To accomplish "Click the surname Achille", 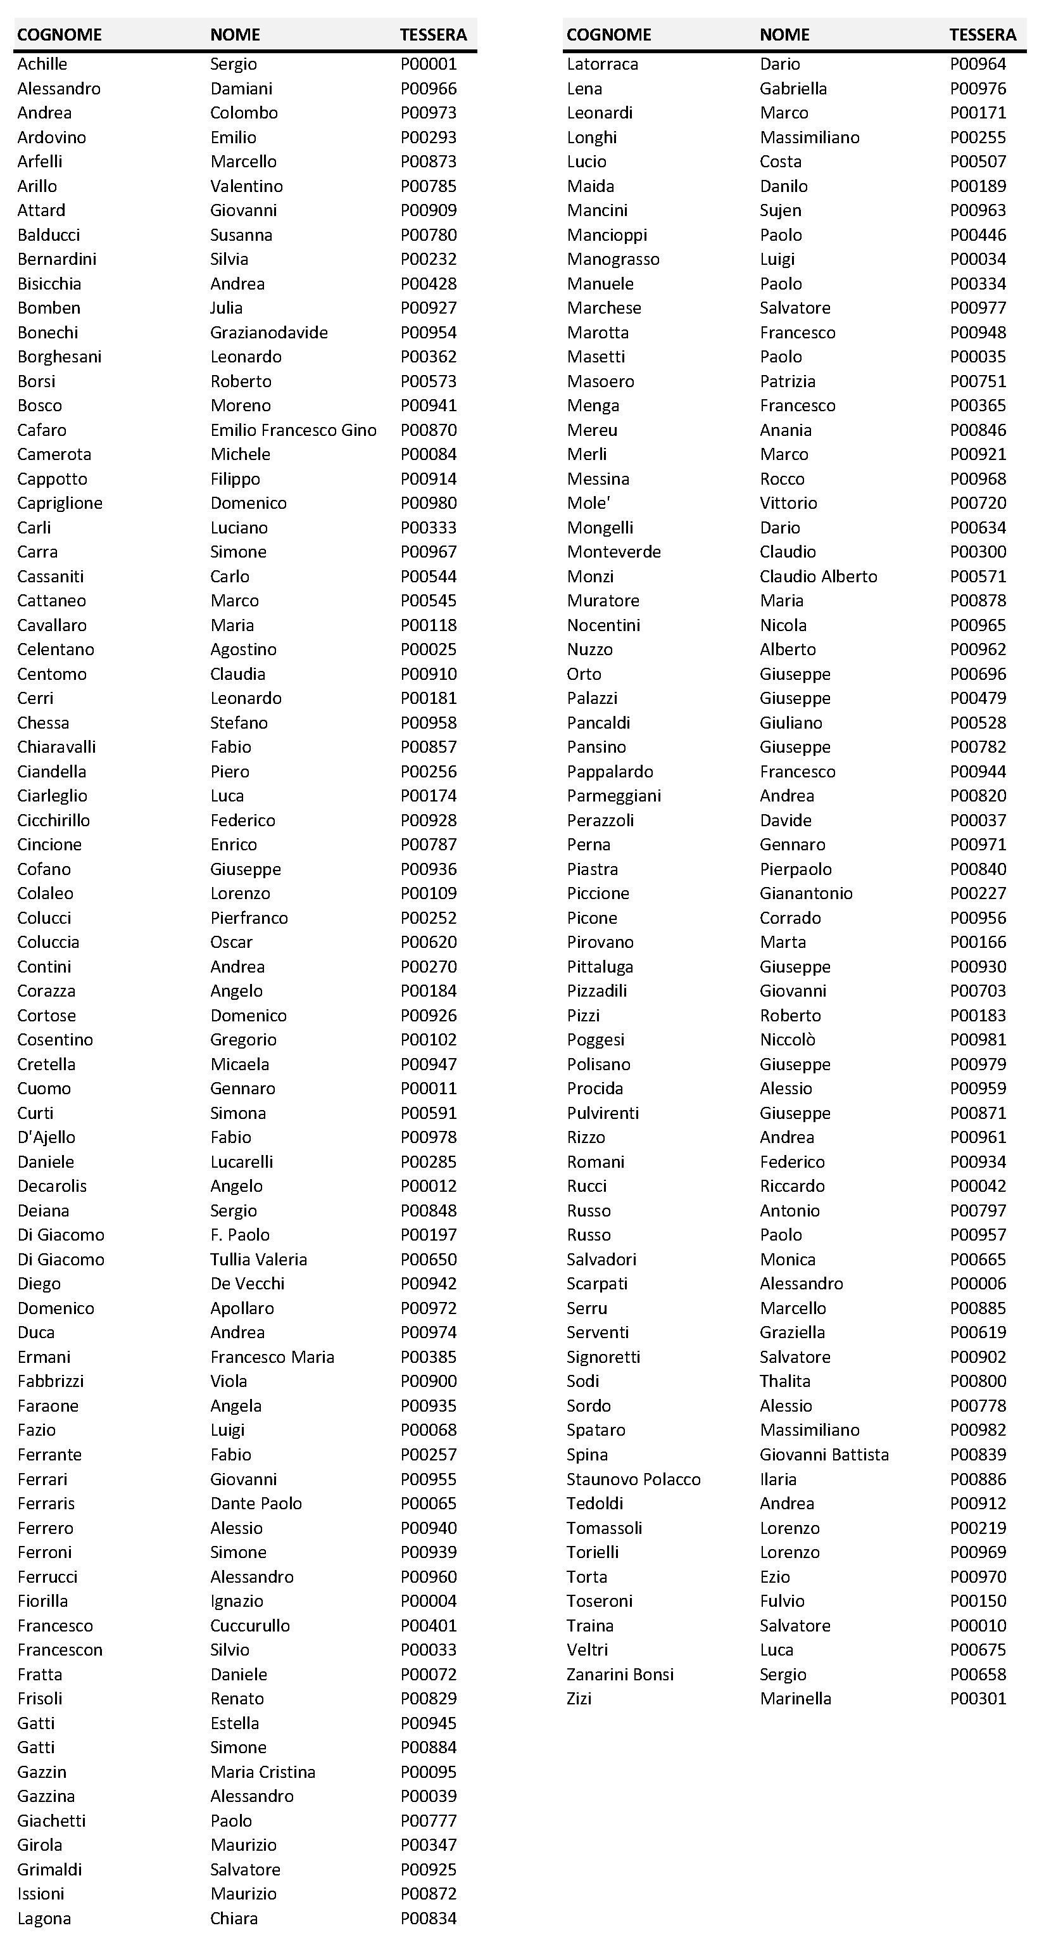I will (42, 65).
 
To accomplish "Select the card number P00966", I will (429, 89).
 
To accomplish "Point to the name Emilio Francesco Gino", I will (293, 430).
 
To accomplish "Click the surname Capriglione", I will (60, 503).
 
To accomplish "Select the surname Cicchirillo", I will (54, 820).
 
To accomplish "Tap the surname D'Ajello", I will (46, 1137).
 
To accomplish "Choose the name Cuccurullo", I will (250, 1626).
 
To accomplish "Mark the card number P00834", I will (429, 1919).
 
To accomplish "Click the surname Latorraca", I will (603, 65).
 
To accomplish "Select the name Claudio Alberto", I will (819, 577).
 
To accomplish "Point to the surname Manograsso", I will (613, 259).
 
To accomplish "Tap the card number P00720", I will (978, 503).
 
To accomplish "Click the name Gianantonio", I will (806, 893).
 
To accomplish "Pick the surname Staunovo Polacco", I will (634, 1479).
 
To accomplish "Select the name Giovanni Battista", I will (824, 1455).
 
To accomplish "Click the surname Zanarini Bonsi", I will (620, 1674).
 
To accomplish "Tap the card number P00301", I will (978, 1699).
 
